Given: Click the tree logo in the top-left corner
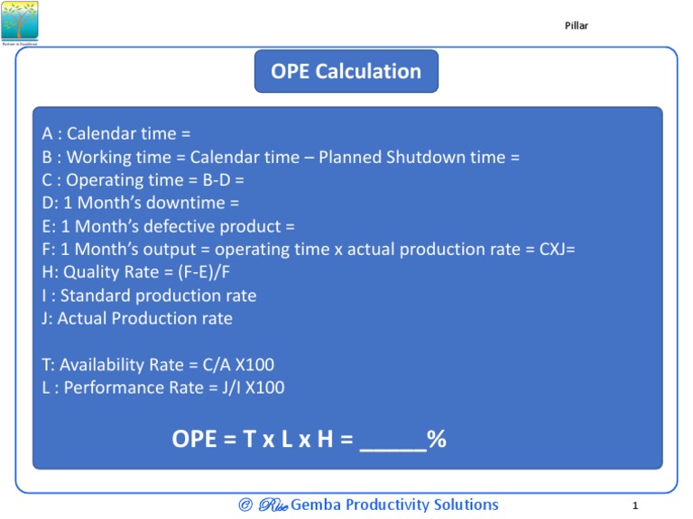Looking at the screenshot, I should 20,22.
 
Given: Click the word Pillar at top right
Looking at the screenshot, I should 576,25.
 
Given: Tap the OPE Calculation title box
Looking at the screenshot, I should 346,72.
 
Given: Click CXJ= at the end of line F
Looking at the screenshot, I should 557,250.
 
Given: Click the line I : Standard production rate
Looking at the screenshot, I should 149,296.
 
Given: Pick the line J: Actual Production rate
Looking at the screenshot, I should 137,319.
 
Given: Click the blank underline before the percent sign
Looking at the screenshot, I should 393,442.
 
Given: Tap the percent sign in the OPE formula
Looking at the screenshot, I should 437,440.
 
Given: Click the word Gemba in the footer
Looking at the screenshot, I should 317,505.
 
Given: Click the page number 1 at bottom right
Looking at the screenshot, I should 635,506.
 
